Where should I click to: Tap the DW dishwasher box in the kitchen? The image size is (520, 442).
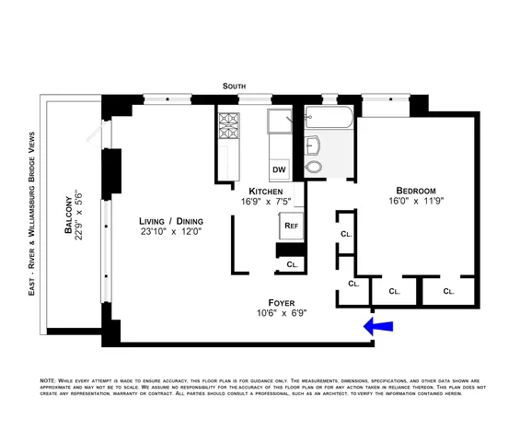pyautogui.click(x=278, y=170)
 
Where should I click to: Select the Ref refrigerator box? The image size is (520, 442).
pyautogui.click(x=290, y=224)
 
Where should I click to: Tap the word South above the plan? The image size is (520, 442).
pyautogui.click(x=235, y=86)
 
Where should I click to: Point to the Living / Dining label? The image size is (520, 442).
pyautogui.click(x=171, y=221)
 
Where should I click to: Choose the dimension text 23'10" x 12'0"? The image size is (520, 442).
pyautogui.click(x=171, y=235)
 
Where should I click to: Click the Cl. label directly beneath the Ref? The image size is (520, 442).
pyautogui.click(x=292, y=264)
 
